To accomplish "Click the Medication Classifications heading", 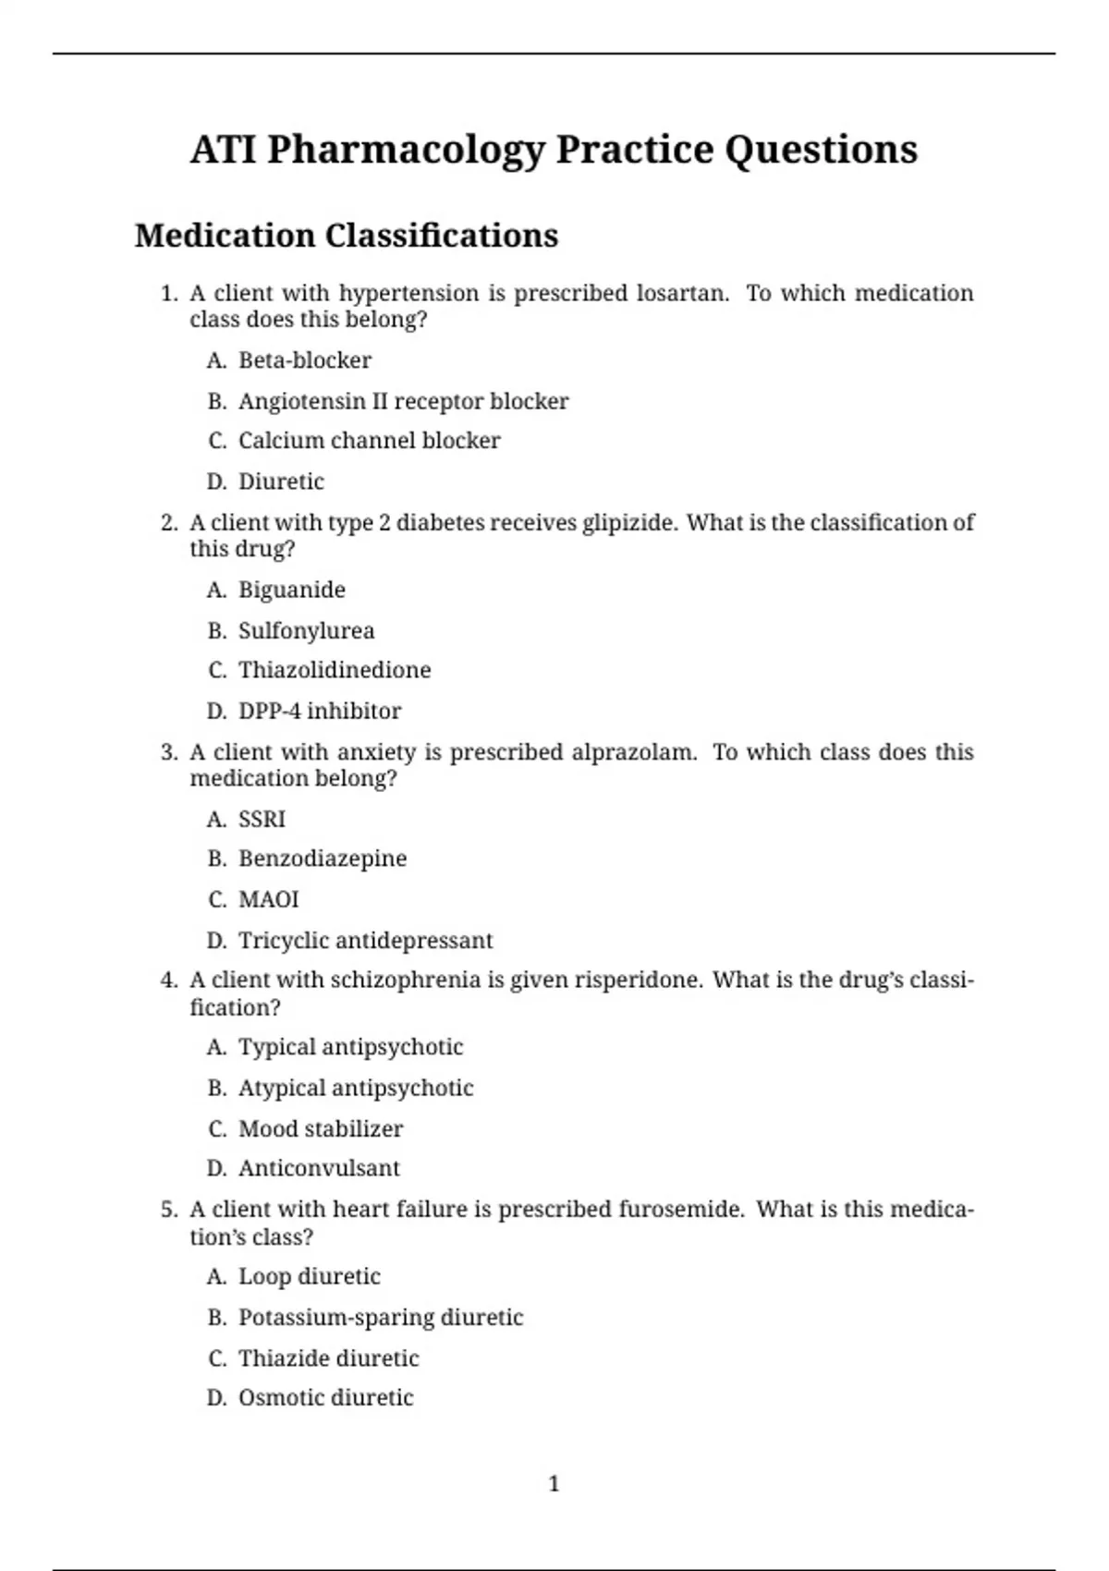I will (x=347, y=236).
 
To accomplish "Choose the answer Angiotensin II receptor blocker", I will (x=403, y=401).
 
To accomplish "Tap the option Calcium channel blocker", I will (x=369, y=441).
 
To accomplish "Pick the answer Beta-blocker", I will (x=304, y=360).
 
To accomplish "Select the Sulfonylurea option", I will (x=306, y=631).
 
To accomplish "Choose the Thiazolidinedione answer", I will (x=334, y=670).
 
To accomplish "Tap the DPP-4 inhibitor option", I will (x=319, y=711).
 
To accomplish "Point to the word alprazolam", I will (x=633, y=752).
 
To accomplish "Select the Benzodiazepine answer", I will (x=322, y=859).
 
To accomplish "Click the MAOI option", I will (x=268, y=899).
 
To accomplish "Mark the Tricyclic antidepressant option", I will (x=365, y=941).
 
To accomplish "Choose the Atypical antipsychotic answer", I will (x=356, y=1088).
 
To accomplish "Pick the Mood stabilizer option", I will (x=320, y=1128).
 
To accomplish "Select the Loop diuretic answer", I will (x=309, y=1276).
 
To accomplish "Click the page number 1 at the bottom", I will (x=554, y=1484).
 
